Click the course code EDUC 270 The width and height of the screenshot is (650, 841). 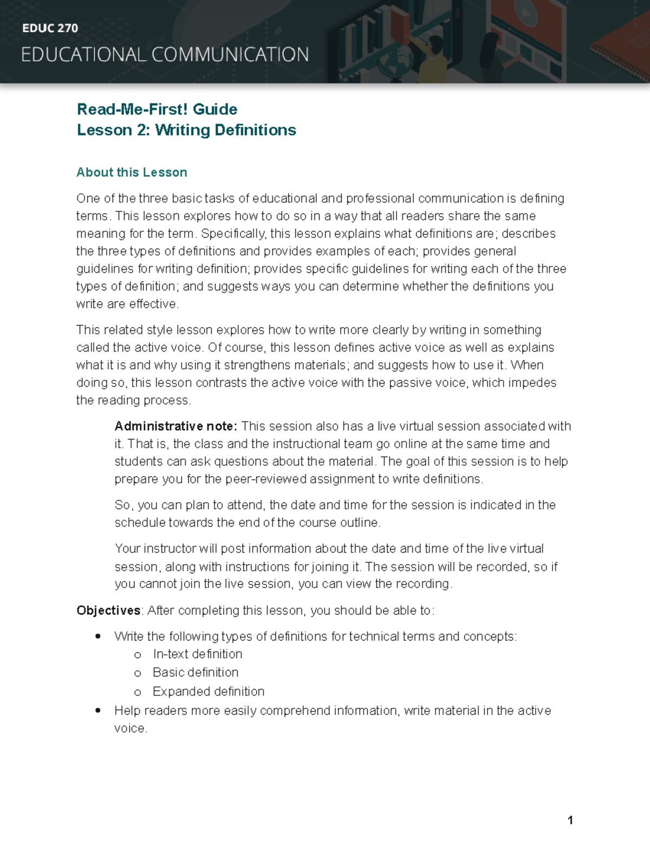(50, 28)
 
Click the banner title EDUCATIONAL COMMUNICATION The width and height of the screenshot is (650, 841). (165, 55)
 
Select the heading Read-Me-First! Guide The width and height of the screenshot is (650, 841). (157, 109)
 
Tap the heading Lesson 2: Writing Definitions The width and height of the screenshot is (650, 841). (186, 130)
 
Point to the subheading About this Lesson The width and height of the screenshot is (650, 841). (132, 172)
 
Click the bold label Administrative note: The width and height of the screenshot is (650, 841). (175, 426)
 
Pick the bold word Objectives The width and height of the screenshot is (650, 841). (108, 610)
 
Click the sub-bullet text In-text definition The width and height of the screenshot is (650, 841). (197, 654)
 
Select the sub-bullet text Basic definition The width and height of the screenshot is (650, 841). (196, 673)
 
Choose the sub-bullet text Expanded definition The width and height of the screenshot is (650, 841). (209, 692)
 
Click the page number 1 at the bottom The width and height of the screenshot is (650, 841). (570, 820)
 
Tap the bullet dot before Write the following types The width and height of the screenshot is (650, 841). (98, 636)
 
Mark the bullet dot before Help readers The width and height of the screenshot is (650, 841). (98, 710)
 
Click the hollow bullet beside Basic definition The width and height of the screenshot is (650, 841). (138, 673)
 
